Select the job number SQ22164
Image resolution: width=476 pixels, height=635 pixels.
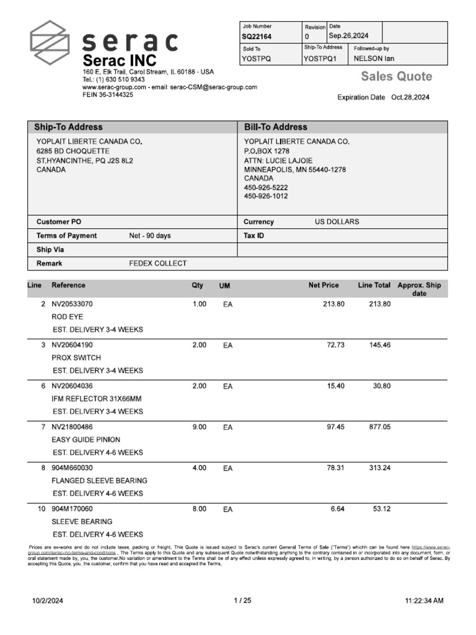point(256,37)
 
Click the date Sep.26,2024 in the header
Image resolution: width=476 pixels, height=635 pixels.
point(349,37)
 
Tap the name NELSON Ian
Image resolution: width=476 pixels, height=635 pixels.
point(374,59)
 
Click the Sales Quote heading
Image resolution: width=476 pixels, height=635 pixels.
point(397,77)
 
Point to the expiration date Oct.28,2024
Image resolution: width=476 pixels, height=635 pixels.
point(410,97)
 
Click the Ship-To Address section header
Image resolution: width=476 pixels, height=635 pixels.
point(69,127)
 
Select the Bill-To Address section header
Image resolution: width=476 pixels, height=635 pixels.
point(276,127)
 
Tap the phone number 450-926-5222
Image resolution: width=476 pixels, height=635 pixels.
point(266,187)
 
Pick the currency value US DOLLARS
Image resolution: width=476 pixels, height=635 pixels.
point(337,221)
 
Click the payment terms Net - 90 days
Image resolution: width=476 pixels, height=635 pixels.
point(150,236)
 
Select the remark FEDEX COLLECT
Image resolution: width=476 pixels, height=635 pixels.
point(157,264)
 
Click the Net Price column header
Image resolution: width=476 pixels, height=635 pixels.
point(324,285)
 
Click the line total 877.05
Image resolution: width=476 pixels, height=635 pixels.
point(380,427)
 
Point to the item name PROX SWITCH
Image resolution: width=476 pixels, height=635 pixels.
point(76,358)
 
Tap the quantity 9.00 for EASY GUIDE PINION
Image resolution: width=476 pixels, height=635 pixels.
point(199,427)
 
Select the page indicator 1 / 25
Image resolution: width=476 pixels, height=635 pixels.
point(242,600)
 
